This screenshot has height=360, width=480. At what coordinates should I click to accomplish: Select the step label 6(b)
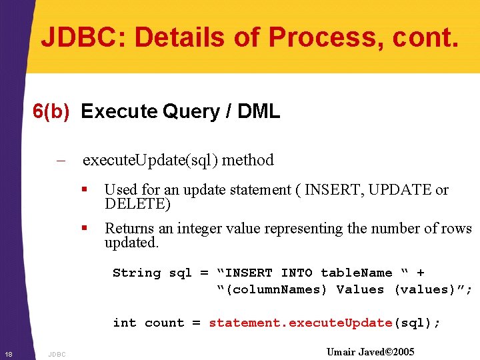pyautogui.click(x=51, y=111)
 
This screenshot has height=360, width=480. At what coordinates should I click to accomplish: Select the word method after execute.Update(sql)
pyautogui.click(x=248, y=161)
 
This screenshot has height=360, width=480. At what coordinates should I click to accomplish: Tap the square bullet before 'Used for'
pyautogui.click(x=84, y=190)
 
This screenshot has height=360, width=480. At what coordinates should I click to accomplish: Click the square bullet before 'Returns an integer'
pyautogui.click(x=84, y=229)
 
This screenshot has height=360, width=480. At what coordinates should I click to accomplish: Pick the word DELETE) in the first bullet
pyautogui.click(x=137, y=204)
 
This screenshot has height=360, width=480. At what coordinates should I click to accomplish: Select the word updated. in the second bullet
pyautogui.click(x=131, y=243)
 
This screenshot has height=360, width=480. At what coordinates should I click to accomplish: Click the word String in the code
pyautogui.click(x=137, y=273)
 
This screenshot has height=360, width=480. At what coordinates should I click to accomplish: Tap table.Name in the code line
pyautogui.click(x=356, y=273)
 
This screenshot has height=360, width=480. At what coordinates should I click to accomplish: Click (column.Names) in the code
pyautogui.click(x=273, y=289)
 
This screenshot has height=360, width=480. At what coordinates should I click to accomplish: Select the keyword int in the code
pyautogui.click(x=125, y=323)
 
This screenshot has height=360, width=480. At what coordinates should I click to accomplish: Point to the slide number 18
pyautogui.click(x=7, y=353)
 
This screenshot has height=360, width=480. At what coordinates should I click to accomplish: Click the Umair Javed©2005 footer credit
pyautogui.click(x=370, y=351)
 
